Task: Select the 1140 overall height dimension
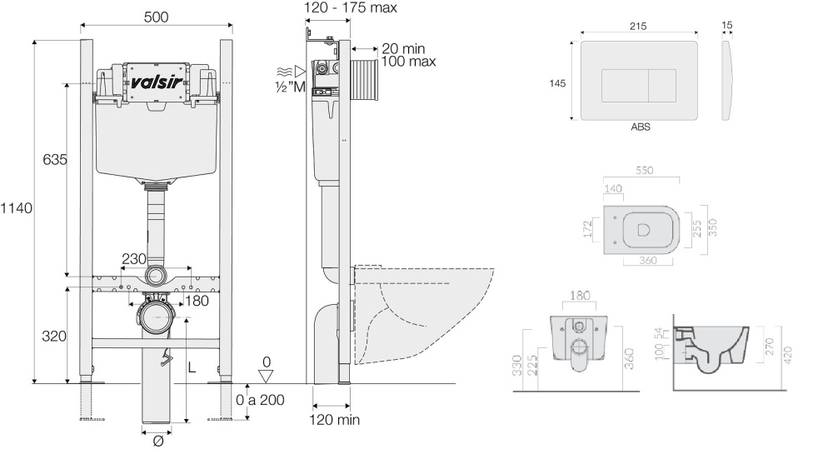pos(16,208)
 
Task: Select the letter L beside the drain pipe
pos(192,367)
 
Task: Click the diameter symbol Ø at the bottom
pos(157,442)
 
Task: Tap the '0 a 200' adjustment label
pos(260,400)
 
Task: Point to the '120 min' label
pos(335,420)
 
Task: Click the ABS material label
pos(641,128)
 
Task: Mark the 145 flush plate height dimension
pos(558,82)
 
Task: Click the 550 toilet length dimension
pos(644,170)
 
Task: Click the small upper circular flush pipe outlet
pos(156,276)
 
